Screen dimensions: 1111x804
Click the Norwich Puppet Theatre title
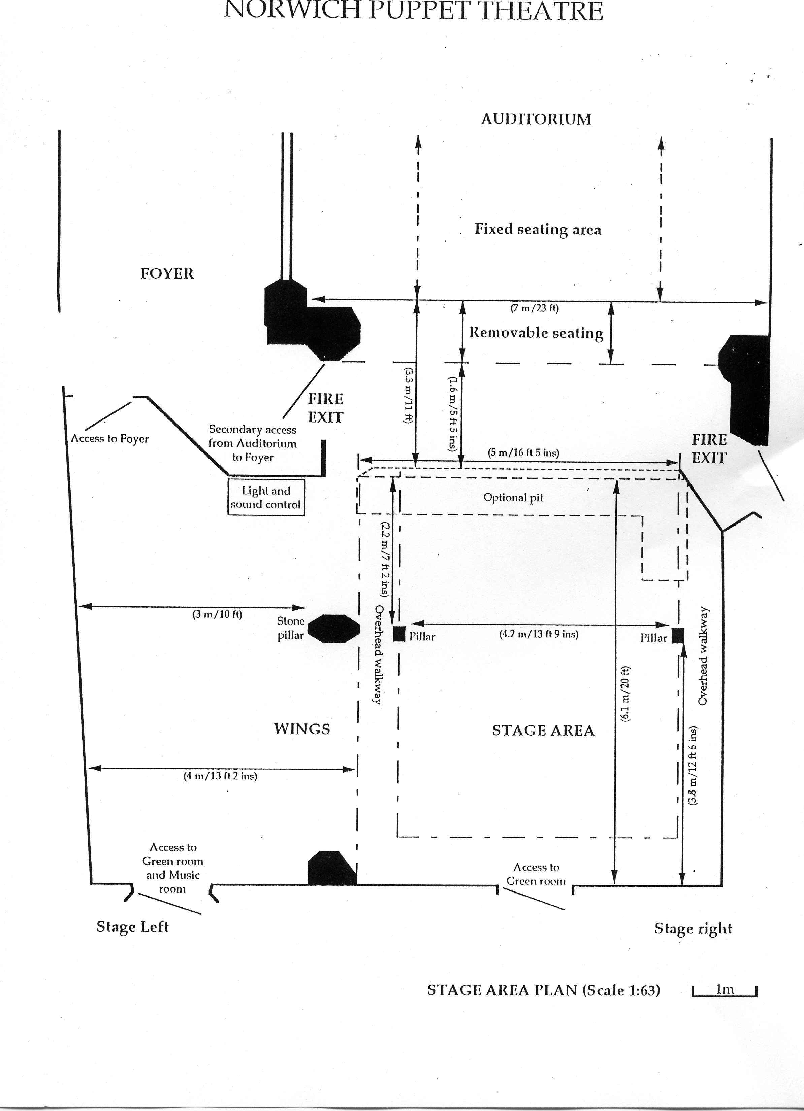pos(413,11)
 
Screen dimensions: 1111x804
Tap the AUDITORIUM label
pos(536,119)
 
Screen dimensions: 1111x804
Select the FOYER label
pos(167,273)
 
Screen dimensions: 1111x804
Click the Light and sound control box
pos(265,497)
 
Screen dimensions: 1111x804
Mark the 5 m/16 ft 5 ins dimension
pos(523,452)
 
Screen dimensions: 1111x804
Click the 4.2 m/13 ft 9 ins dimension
pos(539,634)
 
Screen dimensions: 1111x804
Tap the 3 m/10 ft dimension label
pos(217,614)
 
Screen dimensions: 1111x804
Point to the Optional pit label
pos(513,498)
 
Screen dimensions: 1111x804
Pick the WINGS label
pos(302,729)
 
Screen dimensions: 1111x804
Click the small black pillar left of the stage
pos(399,633)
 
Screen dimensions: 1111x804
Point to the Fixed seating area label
pos(538,229)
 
